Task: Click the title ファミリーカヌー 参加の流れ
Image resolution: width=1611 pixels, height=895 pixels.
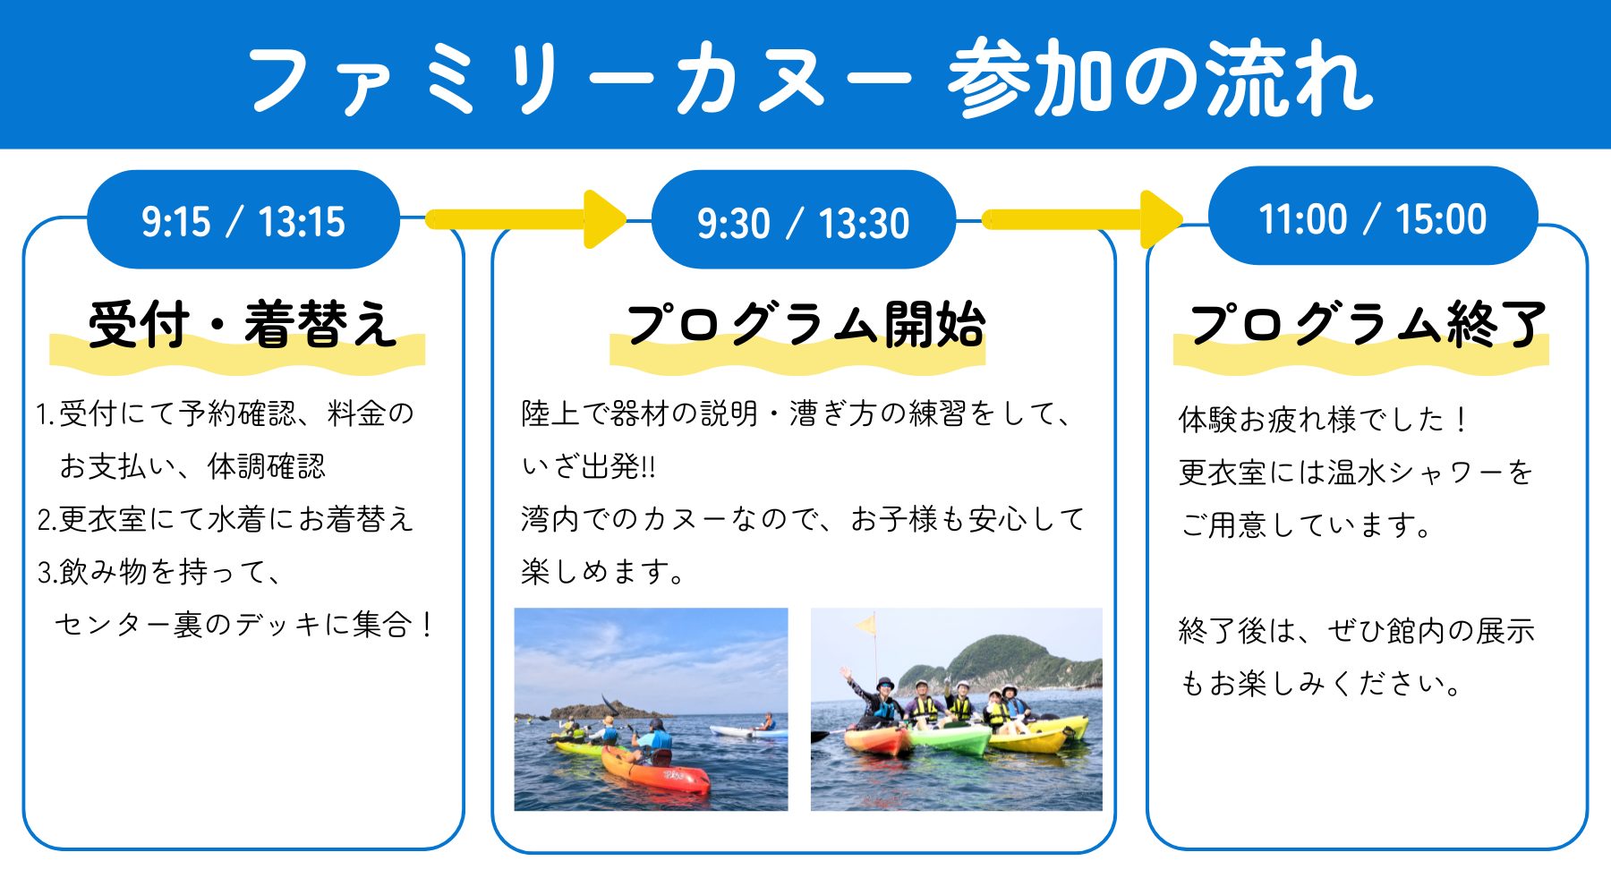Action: tap(809, 78)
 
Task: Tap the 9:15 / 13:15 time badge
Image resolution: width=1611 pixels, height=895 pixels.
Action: tap(243, 219)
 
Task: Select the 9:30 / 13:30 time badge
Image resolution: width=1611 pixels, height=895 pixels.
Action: tap(803, 220)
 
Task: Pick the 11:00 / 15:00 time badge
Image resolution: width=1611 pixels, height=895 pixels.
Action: tap(1373, 217)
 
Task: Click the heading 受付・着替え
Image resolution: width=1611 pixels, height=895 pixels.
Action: tap(243, 323)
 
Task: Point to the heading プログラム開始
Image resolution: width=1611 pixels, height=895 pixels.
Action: tap(805, 323)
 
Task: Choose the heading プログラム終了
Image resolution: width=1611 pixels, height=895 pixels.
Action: tap(1368, 323)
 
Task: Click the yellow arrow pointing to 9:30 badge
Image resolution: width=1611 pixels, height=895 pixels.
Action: tap(526, 219)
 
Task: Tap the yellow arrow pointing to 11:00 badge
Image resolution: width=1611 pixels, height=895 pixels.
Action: tap(1083, 219)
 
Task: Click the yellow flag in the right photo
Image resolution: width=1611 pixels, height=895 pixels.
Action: tap(865, 624)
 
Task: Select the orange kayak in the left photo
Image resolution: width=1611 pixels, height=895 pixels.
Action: tap(656, 771)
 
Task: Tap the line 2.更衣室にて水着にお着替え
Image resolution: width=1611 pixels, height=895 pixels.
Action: tap(226, 519)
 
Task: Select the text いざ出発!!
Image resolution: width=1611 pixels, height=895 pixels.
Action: tap(589, 466)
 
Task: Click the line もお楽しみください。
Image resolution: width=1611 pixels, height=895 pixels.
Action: tap(1321, 684)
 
